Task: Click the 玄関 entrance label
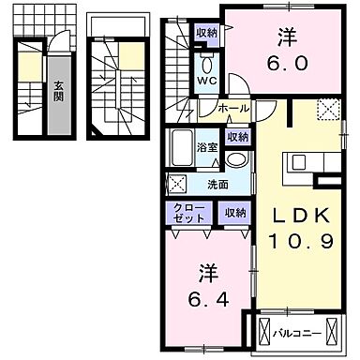pyautogui.click(x=58, y=91)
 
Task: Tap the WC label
pyautogui.click(x=205, y=80)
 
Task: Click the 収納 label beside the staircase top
pyautogui.click(x=207, y=33)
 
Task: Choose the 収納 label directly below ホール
pyautogui.click(x=237, y=137)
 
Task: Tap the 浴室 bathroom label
pyautogui.click(x=207, y=147)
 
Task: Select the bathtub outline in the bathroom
pyautogui.click(x=181, y=150)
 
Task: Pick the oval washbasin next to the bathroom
pyautogui.click(x=239, y=159)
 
